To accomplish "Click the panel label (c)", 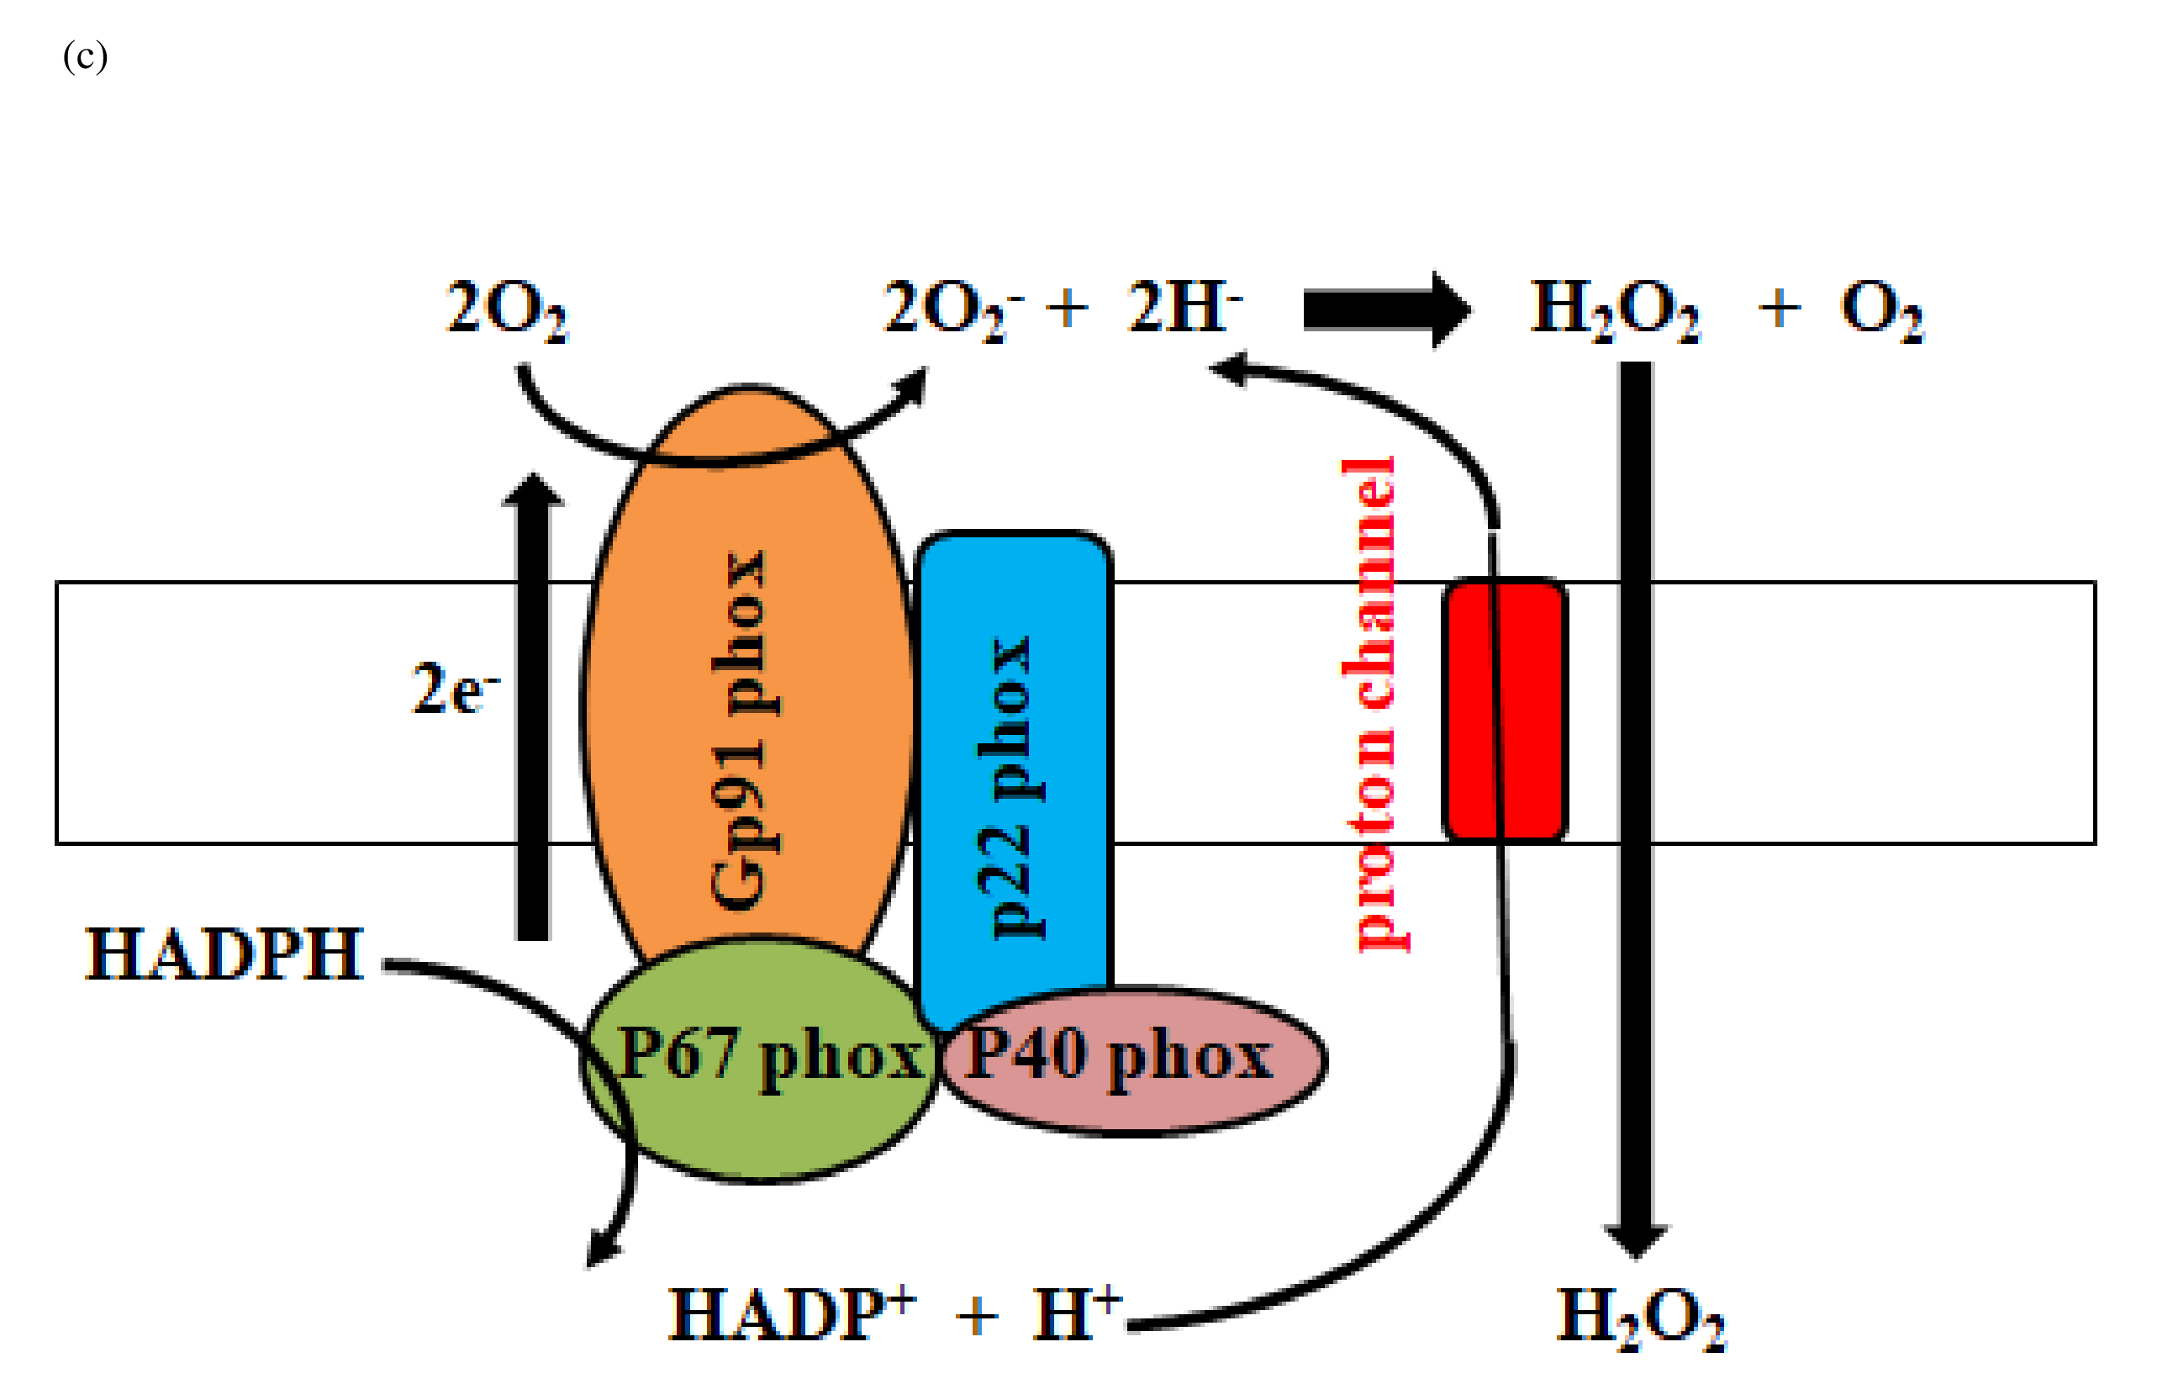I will coord(86,56).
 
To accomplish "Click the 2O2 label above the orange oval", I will coord(506,311).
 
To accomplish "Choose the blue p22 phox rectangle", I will coord(1013,773).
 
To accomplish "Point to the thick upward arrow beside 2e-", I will coord(533,709).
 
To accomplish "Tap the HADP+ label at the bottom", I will coord(791,1314).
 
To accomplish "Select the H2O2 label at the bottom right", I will coord(1640,1318).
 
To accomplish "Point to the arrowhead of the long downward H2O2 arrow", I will coord(1636,1241).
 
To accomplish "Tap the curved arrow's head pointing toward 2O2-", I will coord(910,386).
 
